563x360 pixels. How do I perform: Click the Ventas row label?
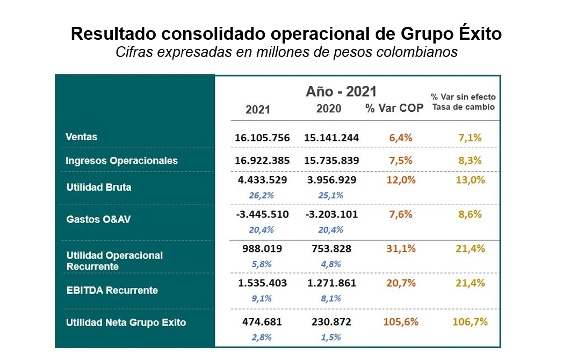pyautogui.click(x=82, y=137)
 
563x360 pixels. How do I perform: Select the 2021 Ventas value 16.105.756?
pyautogui.click(x=262, y=138)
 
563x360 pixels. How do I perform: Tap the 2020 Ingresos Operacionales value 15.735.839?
pyautogui.click(x=331, y=161)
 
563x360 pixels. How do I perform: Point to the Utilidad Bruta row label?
pyautogui.click(x=99, y=188)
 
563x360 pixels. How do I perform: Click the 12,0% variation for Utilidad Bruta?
pyautogui.click(x=401, y=180)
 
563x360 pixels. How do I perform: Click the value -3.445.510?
pyautogui.click(x=262, y=214)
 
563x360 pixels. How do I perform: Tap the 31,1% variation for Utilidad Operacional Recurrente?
pyautogui.click(x=401, y=249)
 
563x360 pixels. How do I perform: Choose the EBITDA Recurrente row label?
pyautogui.click(x=112, y=291)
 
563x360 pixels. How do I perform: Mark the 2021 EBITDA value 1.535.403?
pyautogui.click(x=262, y=283)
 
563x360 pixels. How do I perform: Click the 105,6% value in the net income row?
pyautogui.click(x=401, y=322)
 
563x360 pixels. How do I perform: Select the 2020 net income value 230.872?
pyautogui.click(x=331, y=322)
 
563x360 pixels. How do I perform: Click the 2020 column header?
pyautogui.click(x=329, y=109)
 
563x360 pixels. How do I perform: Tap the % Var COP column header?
pyautogui.click(x=394, y=108)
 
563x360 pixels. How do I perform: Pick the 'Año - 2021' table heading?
pyautogui.click(x=341, y=91)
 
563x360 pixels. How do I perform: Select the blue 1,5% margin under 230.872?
pyautogui.click(x=331, y=337)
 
